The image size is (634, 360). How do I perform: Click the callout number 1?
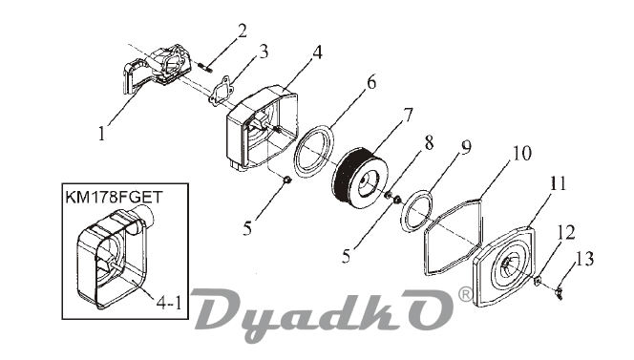102,133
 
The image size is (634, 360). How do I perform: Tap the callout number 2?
242,32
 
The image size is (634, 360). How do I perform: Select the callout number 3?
263,52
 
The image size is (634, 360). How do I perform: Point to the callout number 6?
371,82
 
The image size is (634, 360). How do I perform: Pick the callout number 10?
522,154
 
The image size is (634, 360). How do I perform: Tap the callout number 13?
584,259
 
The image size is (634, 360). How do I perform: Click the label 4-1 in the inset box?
169,302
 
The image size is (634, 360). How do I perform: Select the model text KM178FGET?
114,198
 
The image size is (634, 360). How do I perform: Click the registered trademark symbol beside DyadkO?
465,294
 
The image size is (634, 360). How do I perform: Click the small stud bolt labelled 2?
206,67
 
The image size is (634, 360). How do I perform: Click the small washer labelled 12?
539,280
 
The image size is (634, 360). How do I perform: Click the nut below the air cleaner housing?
286,180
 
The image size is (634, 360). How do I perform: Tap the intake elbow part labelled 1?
157,69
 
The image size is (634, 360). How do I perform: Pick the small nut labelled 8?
389,196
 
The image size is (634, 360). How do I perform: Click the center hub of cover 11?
507,265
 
